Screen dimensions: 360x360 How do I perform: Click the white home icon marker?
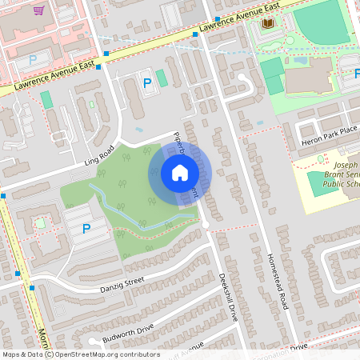pyautogui.click(x=179, y=173)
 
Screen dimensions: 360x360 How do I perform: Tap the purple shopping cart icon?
pyautogui.click(x=39, y=11)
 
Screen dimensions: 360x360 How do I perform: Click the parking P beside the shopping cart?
pyautogui.click(x=33, y=60)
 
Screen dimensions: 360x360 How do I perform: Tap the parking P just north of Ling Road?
pyautogui.click(x=146, y=82)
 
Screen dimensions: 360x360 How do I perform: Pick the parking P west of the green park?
pyautogui.click(x=86, y=230)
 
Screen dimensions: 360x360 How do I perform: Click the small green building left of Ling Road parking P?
pyautogui.click(x=46, y=99)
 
